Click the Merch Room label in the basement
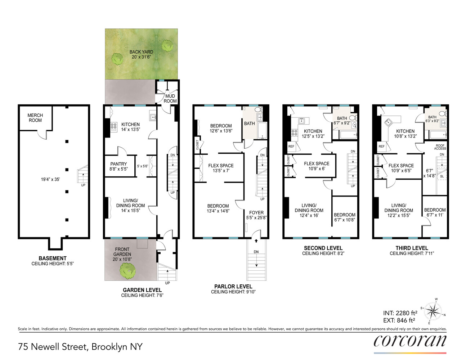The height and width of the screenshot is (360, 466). pyautogui.click(x=35, y=118)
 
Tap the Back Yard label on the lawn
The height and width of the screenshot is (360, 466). pyautogui.click(x=141, y=54)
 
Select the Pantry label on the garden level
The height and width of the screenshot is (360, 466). pyautogui.click(x=118, y=166)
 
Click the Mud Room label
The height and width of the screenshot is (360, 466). pyautogui.click(x=170, y=99)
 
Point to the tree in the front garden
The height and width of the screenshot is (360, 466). pyautogui.click(x=127, y=271)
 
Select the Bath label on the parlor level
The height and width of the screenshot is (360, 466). pyautogui.click(x=249, y=123)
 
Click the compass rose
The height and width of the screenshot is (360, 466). pyautogui.click(x=433, y=311)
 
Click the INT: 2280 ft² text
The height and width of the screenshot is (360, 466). pyautogui.click(x=400, y=313)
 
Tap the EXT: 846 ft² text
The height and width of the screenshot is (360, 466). pyautogui.click(x=399, y=320)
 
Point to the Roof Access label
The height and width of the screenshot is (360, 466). pyautogui.click(x=440, y=147)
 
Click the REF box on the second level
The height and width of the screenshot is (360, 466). pyautogui.click(x=291, y=147)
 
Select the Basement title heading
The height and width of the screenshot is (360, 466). pyautogui.click(x=53, y=258)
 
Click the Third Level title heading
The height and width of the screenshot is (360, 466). pyautogui.click(x=412, y=248)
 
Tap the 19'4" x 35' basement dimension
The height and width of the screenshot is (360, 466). pyautogui.click(x=50, y=179)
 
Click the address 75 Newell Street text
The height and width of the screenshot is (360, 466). pyautogui.click(x=80, y=347)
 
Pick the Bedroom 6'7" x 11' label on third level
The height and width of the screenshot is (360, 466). pyautogui.click(x=435, y=212)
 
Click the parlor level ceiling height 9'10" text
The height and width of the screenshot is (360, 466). pyautogui.click(x=233, y=292)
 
